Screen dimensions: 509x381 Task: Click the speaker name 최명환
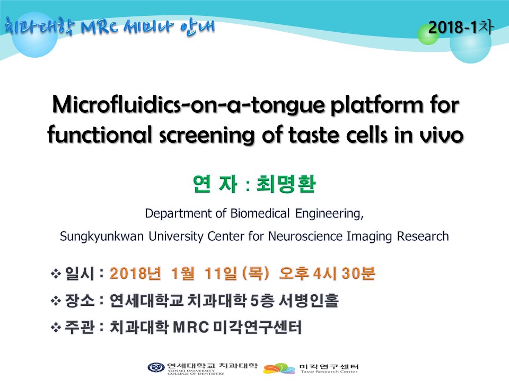coord(286,184)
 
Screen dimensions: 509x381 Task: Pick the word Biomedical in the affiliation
coord(260,213)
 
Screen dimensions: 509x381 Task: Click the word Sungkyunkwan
coord(102,237)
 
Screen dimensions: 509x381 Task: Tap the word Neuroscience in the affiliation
coord(305,236)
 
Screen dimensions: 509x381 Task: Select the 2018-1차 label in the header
coord(461,27)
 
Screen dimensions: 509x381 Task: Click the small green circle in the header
coord(428,34)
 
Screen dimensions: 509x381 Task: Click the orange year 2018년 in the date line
coord(135,274)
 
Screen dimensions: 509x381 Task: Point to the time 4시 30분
coord(344,274)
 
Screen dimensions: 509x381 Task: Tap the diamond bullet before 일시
coord(56,274)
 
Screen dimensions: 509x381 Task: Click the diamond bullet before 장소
coord(56,301)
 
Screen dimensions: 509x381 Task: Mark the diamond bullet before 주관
coord(56,328)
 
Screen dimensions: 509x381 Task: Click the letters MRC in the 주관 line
coord(190,327)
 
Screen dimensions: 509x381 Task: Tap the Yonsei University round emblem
coord(156,368)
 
